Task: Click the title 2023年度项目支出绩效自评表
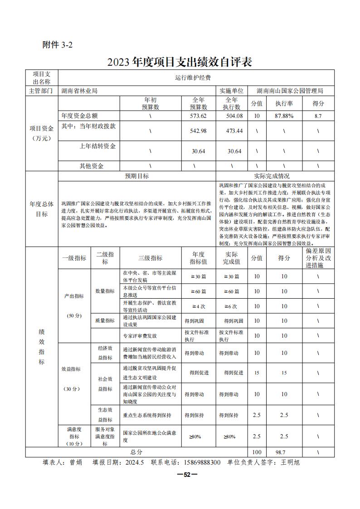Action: click(x=180, y=62)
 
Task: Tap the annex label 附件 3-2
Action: click(x=57, y=45)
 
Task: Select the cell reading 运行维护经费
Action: click(x=193, y=78)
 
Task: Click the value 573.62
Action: click(x=199, y=116)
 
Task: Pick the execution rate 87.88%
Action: click(x=284, y=116)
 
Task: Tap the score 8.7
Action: click(x=317, y=116)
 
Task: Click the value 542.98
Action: click(x=199, y=131)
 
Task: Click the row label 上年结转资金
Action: click(x=97, y=146)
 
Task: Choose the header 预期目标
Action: click(x=136, y=176)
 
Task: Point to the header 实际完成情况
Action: click(x=274, y=176)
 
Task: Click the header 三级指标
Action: click(x=150, y=258)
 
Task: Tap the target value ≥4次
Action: click(x=198, y=306)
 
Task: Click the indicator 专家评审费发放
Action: click(x=140, y=336)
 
